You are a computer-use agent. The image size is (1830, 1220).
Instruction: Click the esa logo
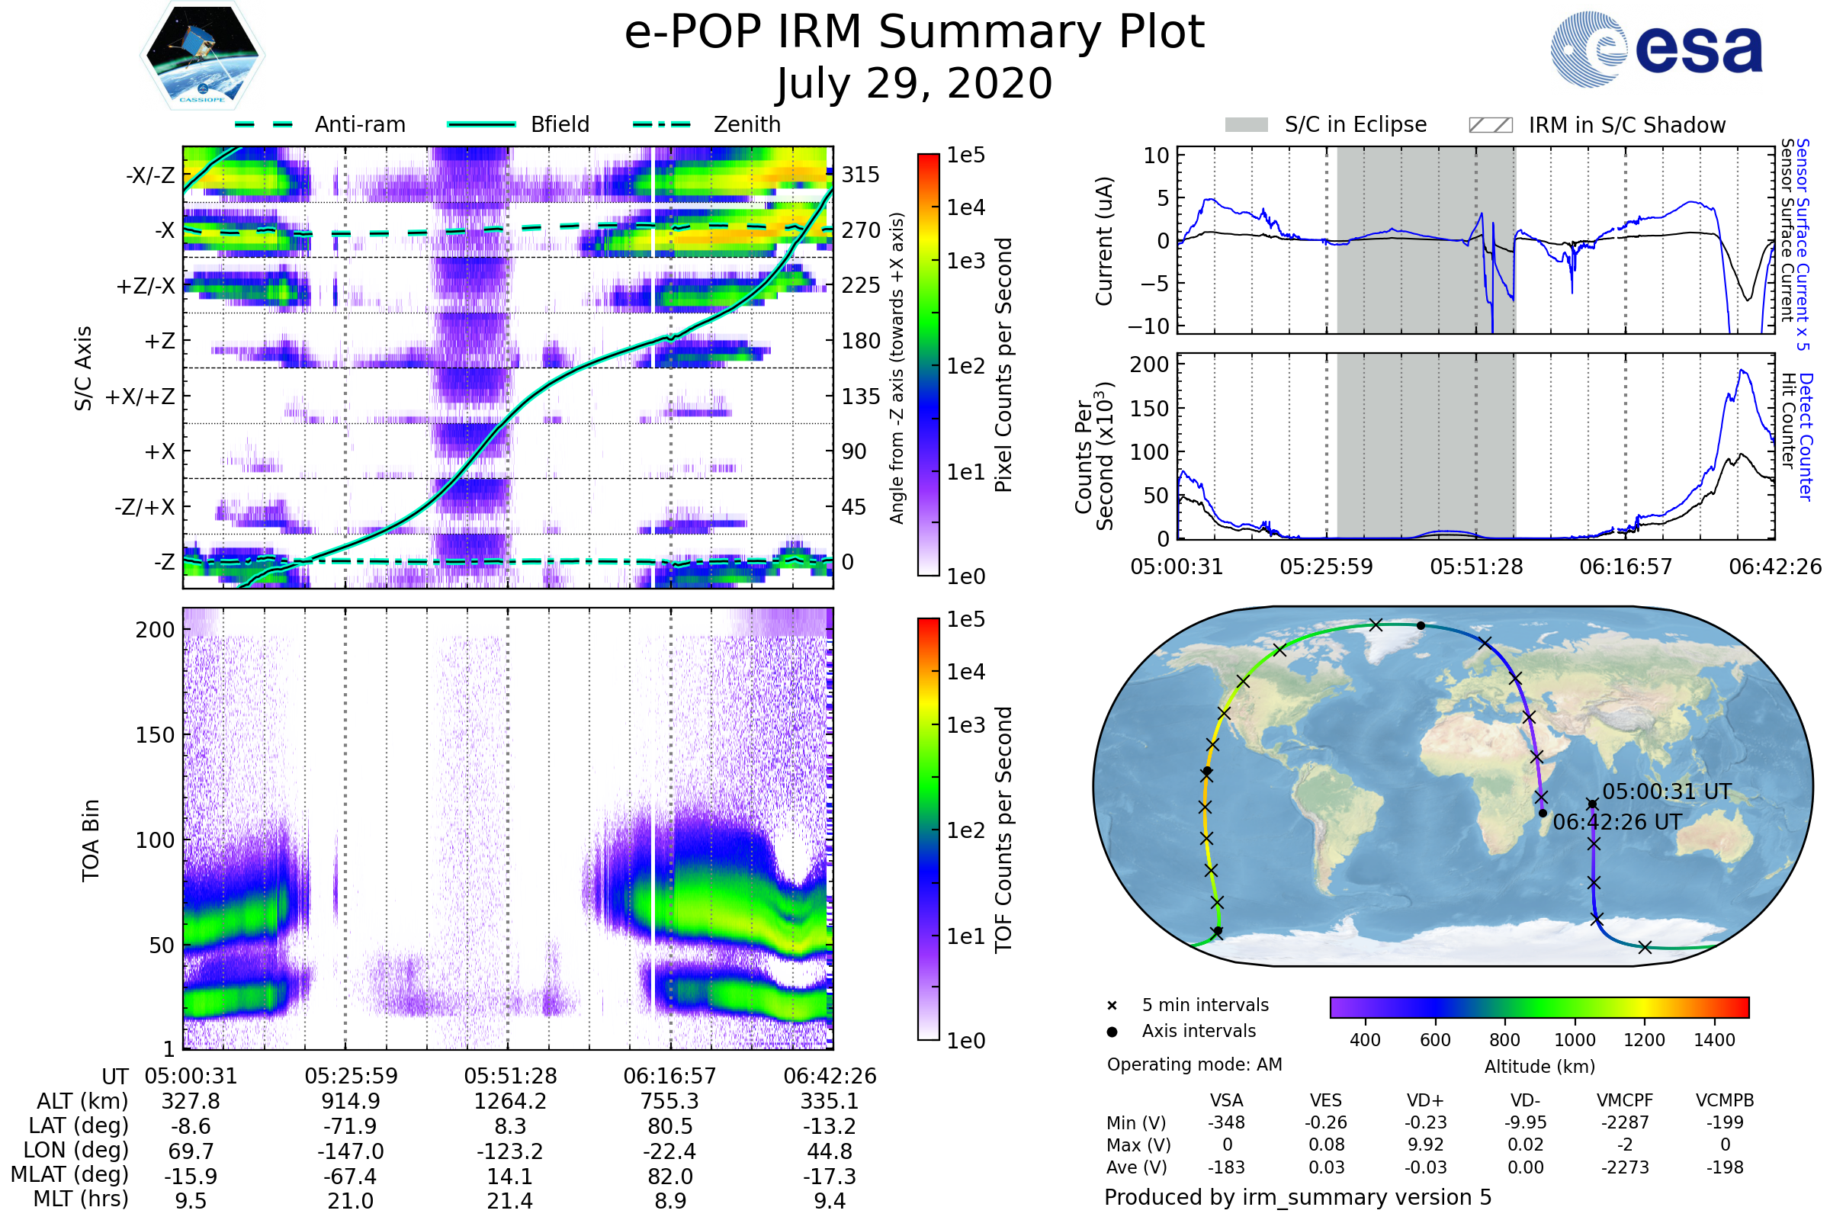click(x=1656, y=49)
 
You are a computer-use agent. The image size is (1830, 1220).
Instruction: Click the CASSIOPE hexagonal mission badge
click(x=202, y=55)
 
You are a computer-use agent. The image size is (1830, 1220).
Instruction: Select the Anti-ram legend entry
click(x=319, y=124)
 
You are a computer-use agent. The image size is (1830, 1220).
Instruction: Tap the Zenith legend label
click(x=747, y=124)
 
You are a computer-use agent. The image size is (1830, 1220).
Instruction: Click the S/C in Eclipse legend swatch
click(x=1247, y=125)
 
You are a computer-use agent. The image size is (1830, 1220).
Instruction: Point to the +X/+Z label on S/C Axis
click(x=140, y=396)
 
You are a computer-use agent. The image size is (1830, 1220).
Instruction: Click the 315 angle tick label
click(x=861, y=175)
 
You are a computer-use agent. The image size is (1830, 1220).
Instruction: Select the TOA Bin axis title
click(x=90, y=840)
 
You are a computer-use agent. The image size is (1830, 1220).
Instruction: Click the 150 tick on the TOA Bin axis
click(x=155, y=735)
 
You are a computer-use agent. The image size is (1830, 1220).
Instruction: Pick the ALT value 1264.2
click(x=509, y=1102)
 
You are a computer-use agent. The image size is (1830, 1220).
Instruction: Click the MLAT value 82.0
click(x=670, y=1177)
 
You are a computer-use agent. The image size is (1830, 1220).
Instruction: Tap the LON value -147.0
click(x=350, y=1151)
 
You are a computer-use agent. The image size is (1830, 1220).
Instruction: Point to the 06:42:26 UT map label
click(x=1616, y=823)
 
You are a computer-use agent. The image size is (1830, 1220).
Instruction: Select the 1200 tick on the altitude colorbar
click(x=1644, y=1040)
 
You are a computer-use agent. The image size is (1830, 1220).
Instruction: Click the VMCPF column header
click(x=1625, y=1101)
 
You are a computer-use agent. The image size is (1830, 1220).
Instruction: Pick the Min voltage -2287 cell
click(x=1625, y=1122)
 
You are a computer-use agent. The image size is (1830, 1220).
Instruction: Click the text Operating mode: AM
click(x=1194, y=1064)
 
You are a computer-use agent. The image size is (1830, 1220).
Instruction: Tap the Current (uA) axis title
click(x=1104, y=241)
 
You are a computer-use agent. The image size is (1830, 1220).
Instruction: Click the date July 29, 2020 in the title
click(x=914, y=84)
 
